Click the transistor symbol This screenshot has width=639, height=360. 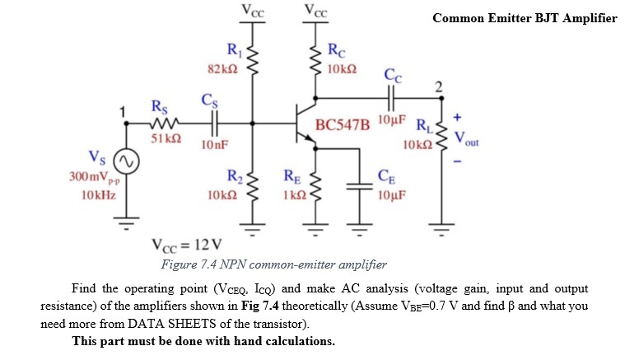[x=306, y=124]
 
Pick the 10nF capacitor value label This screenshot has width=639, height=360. [x=214, y=145]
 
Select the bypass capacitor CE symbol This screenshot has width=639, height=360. [x=359, y=187]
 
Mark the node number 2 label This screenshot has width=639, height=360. [x=439, y=86]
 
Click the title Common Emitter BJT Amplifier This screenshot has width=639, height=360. [x=524, y=18]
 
